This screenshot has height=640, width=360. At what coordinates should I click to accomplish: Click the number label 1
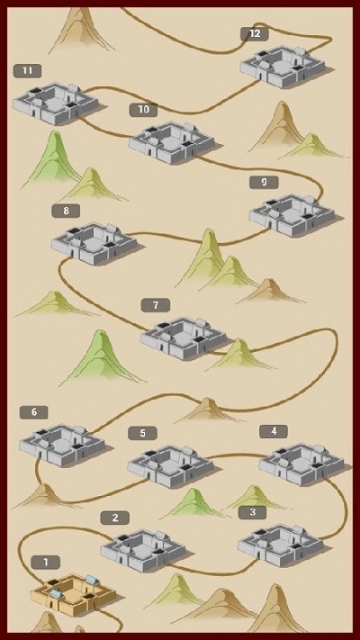[46, 562]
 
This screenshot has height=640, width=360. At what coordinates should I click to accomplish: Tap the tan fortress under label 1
[73, 594]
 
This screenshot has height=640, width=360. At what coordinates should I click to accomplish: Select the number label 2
[115, 518]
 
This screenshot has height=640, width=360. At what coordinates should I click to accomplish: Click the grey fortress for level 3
[281, 545]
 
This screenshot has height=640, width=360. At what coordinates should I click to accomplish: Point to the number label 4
[274, 431]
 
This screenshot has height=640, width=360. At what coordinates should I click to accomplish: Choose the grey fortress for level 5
[170, 466]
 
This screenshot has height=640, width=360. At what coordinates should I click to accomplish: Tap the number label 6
[34, 412]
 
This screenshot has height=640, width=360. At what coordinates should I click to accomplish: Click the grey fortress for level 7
[184, 338]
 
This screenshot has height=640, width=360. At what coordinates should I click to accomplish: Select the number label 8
[66, 211]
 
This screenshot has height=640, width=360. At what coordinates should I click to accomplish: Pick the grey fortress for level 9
[292, 215]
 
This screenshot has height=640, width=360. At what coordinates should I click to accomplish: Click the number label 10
[143, 110]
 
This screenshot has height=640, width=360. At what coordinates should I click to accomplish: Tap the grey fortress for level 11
[56, 104]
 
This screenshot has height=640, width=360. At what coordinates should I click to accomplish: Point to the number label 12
[255, 34]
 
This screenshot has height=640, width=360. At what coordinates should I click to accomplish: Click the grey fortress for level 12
[283, 67]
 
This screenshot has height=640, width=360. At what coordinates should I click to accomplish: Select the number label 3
[252, 512]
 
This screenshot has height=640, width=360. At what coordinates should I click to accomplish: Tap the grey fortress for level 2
[143, 550]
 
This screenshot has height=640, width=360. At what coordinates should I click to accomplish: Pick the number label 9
[264, 183]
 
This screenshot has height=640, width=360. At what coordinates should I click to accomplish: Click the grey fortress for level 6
[62, 446]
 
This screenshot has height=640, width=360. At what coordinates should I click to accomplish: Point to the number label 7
[156, 305]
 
